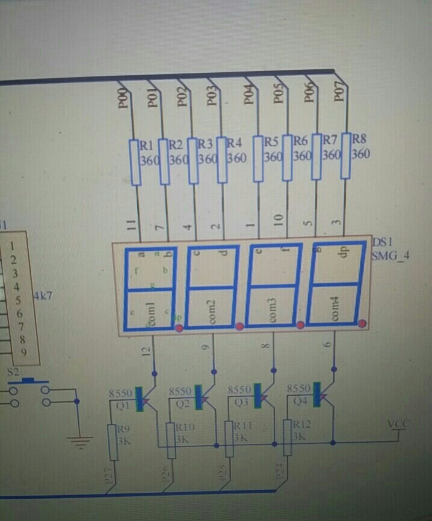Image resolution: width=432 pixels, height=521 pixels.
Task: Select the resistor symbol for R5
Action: pos(259,159)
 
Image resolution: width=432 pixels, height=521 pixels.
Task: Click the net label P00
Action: pos(123,98)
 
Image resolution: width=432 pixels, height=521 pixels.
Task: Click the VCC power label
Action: pos(397,424)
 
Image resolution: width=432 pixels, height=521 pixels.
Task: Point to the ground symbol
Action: pos(79,442)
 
